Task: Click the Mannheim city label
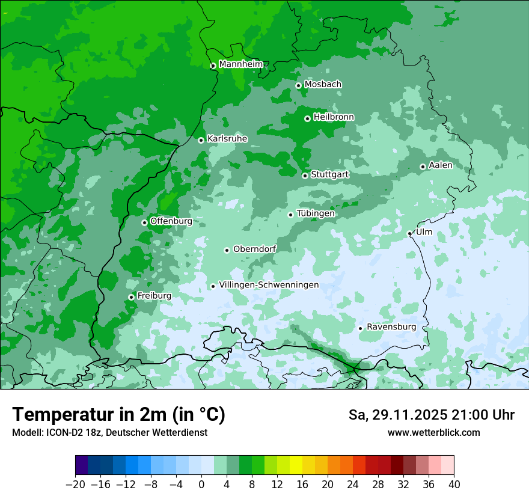tap(240, 64)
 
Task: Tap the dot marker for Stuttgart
tap(305, 176)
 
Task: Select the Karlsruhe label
tap(227, 138)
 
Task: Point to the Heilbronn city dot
tap(307, 118)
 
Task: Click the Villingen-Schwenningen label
tap(269, 285)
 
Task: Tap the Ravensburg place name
tap(391, 327)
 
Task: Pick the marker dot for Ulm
tap(409, 233)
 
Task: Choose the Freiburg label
tap(154, 296)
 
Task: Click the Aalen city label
tap(441, 165)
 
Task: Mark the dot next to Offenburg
tap(144, 222)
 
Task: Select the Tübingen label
tap(315, 213)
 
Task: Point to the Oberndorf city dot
tap(227, 250)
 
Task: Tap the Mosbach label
tap(323, 84)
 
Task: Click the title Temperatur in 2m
tap(118, 415)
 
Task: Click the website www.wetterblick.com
tap(433, 432)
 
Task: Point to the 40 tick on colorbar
tap(454, 485)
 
